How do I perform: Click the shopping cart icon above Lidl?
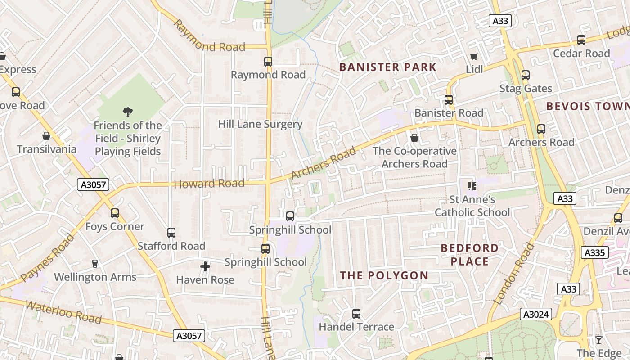(474, 56)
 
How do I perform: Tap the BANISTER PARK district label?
(387, 67)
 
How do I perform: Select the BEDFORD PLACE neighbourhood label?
(463, 255)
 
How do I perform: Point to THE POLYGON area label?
(384, 275)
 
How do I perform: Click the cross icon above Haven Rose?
(205, 266)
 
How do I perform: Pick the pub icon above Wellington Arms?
(94, 264)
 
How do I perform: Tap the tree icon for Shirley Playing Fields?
(128, 112)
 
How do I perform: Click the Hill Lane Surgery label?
(260, 124)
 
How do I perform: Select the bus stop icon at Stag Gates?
(525, 75)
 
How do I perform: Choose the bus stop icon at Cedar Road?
(581, 40)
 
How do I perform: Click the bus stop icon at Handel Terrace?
(356, 313)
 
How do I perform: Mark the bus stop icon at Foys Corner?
(115, 213)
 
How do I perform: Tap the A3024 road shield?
(535, 314)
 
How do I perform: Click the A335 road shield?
(594, 252)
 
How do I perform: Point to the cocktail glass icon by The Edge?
(599, 340)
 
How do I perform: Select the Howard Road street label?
(209, 184)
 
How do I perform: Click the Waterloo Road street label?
(63, 312)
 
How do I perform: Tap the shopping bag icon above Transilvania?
(46, 136)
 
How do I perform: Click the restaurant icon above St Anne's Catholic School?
(472, 186)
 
